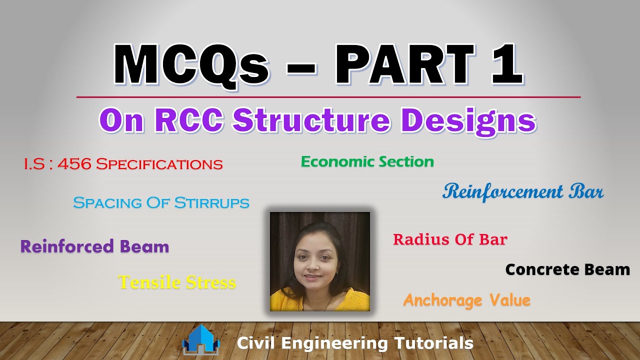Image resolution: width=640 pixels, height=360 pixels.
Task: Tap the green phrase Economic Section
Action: [367, 161]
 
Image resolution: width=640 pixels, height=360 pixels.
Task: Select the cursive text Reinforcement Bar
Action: [523, 191]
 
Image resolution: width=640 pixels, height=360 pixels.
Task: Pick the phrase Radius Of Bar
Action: [450, 239]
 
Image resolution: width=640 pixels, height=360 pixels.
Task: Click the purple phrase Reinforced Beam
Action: [94, 246]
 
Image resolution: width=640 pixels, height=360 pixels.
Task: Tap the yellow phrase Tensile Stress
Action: [177, 282]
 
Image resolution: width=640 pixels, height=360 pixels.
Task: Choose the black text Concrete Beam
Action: [567, 269]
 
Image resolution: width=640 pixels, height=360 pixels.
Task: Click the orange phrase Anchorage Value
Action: [466, 300]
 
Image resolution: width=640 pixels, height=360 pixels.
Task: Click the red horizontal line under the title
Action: [328, 97]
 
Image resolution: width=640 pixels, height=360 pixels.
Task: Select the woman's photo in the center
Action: [320, 261]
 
